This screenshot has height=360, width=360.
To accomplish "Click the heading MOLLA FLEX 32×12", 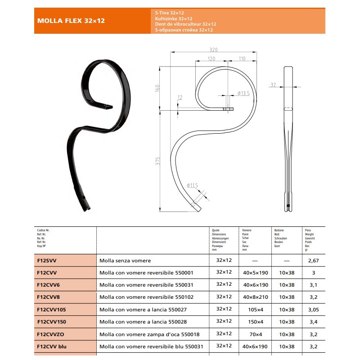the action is tap(71, 21).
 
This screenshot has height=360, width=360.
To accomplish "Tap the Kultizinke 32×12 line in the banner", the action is tap(174, 18).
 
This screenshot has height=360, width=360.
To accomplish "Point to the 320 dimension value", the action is tap(213, 49).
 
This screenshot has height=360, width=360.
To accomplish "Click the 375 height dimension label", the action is tap(157, 161).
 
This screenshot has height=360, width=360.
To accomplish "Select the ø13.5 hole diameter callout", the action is tap(243, 93).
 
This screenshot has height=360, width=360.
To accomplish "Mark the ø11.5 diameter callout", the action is tap(193, 185).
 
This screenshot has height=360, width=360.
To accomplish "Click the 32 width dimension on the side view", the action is tap(273, 85).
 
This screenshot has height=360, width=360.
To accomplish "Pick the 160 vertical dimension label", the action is tap(157, 88).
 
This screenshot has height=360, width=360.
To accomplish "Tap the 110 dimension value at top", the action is tap(242, 58).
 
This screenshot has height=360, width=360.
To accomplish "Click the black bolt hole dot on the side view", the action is tap(288, 206).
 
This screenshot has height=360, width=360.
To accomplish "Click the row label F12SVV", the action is tap(47, 261).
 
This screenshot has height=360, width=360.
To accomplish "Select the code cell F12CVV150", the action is tap(52, 322).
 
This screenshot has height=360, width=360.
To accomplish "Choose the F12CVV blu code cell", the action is tap(52, 346).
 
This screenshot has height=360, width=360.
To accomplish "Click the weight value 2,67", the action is tap(313, 261).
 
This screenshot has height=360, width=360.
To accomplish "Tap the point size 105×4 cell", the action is tap(256, 310).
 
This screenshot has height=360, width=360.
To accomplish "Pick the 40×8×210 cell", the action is tap(256, 297).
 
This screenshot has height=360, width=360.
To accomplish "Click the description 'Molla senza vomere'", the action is tap(125, 261).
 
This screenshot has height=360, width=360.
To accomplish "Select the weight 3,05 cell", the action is tap(313, 310).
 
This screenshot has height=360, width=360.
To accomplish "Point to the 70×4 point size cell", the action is tap(256, 334).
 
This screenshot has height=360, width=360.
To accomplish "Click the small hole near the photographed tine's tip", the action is tap(84, 198).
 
